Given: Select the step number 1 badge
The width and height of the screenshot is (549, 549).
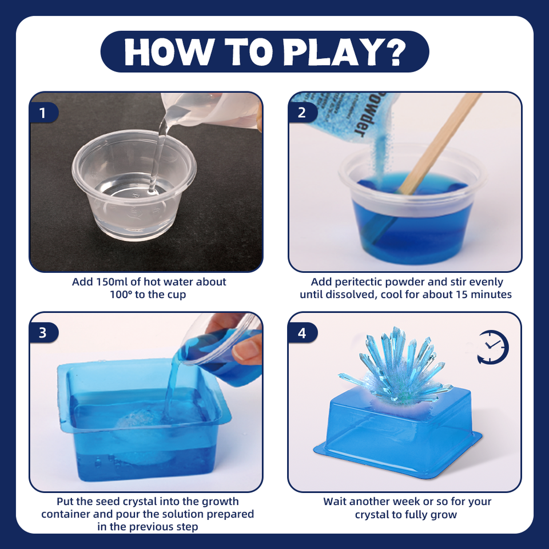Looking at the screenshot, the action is (43, 113).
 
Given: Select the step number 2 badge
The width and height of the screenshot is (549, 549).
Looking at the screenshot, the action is (302, 113).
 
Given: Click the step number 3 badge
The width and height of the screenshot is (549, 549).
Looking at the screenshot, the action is (43, 333).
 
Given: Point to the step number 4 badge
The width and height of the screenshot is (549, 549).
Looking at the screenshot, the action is (302, 333).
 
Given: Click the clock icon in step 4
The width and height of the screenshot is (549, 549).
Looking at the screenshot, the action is (492, 347).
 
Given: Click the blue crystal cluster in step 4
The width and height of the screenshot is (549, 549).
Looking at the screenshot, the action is (396, 368).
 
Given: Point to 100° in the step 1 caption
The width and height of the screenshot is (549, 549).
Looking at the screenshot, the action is (121, 295).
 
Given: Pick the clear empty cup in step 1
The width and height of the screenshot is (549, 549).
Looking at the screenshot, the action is (134, 185).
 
